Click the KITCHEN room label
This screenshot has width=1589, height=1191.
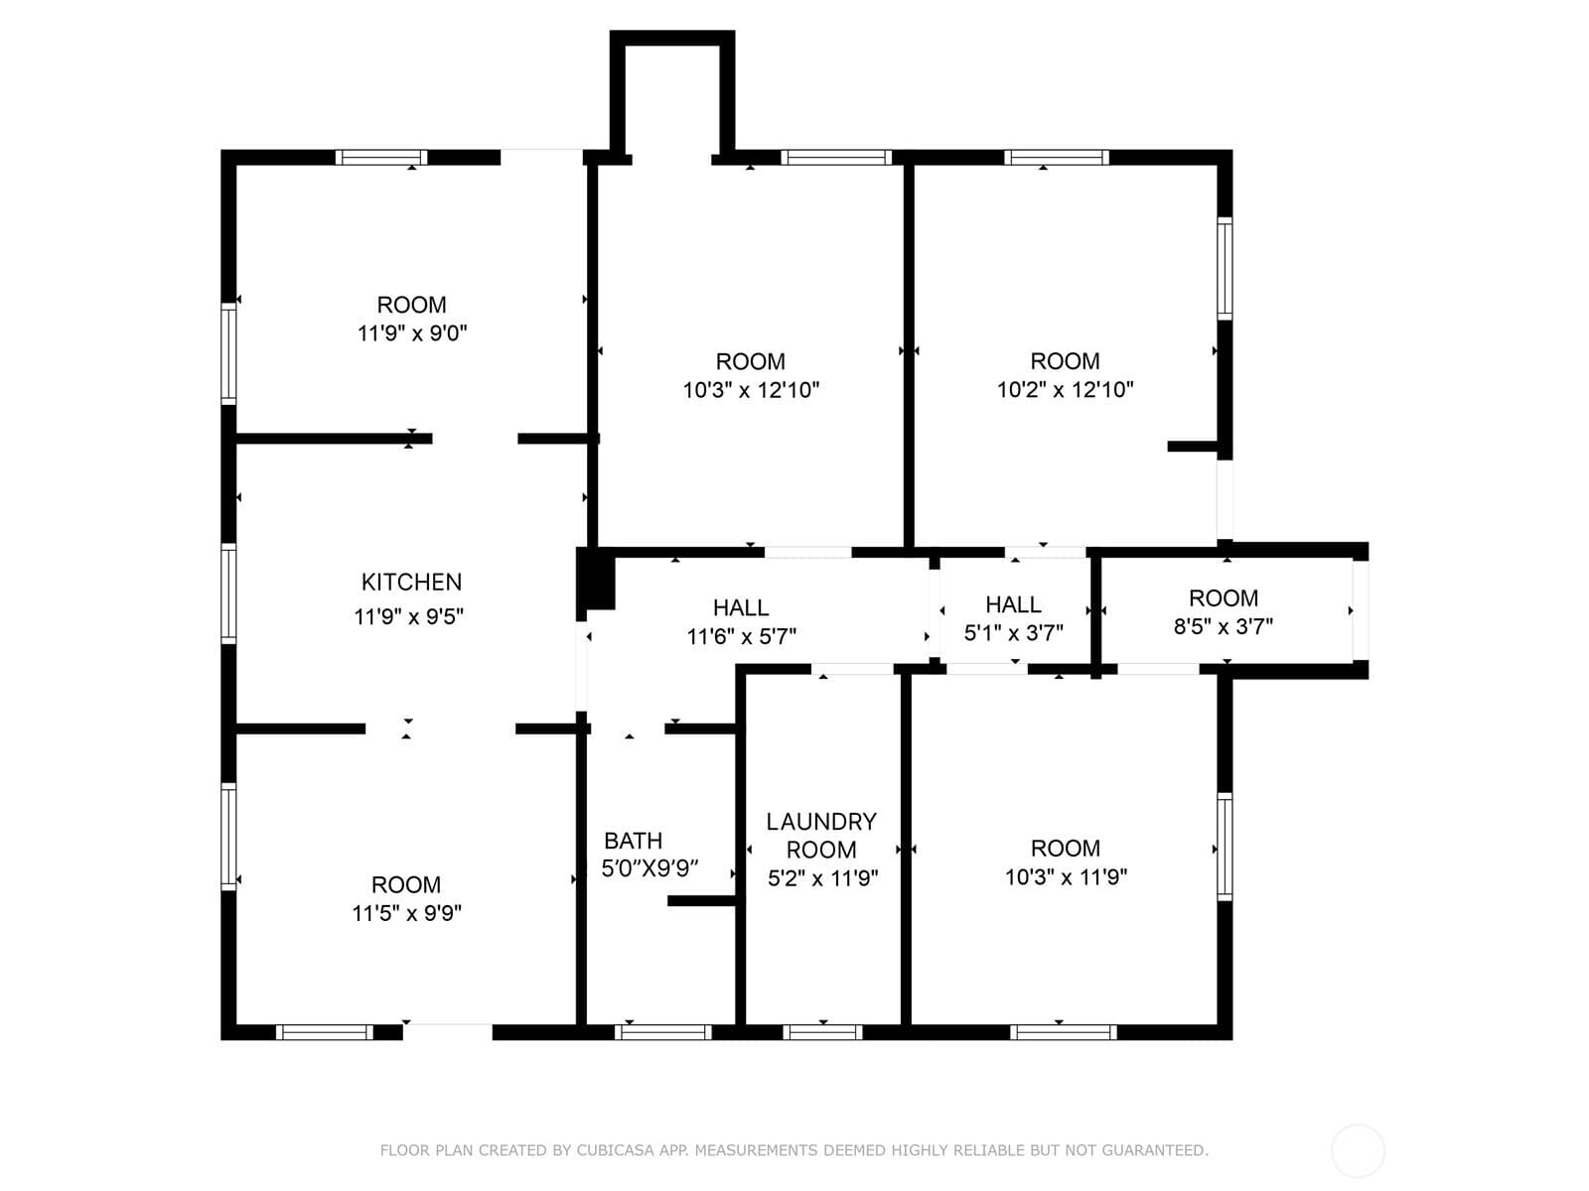[411, 583]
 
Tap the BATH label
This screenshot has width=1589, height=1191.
[634, 841]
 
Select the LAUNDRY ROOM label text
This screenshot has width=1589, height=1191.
[821, 836]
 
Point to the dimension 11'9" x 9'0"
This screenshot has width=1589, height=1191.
[412, 333]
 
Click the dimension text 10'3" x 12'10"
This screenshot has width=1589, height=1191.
[751, 390]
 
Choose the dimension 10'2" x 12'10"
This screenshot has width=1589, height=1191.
[1065, 390]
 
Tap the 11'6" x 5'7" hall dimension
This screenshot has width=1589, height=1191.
[741, 636]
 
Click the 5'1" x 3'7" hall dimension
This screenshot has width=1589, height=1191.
[1014, 633]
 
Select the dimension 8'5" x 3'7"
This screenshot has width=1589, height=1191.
[1224, 626]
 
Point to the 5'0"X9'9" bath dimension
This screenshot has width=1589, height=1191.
[650, 867]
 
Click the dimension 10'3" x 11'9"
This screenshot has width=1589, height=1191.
[1066, 877]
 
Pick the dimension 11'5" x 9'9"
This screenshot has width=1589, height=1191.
[407, 913]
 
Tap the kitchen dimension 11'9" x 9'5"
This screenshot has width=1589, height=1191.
[409, 616]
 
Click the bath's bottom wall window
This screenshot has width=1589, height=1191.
[663, 1032]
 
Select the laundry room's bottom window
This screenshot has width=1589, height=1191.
[822, 1032]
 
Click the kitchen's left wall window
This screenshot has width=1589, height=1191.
[228, 594]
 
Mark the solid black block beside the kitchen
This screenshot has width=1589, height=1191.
[595, 579]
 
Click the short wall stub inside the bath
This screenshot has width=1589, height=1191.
[701, 901]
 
